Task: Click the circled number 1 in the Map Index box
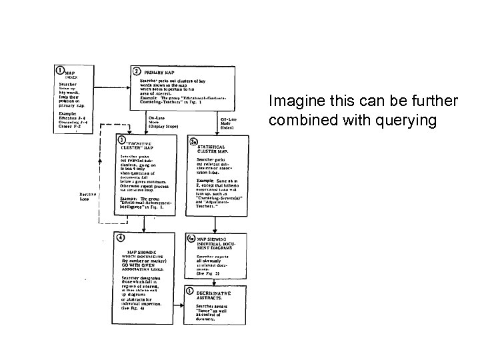coord(61,70)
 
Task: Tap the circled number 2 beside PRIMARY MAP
coord(136,71)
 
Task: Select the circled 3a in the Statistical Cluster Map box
coord(194,142)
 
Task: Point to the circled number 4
coord(120,238)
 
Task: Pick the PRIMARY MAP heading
coord(161,71)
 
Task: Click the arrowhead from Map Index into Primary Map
coord(127,87)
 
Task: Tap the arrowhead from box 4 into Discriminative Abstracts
coord(186,297)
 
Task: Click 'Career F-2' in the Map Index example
coord(69,125)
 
